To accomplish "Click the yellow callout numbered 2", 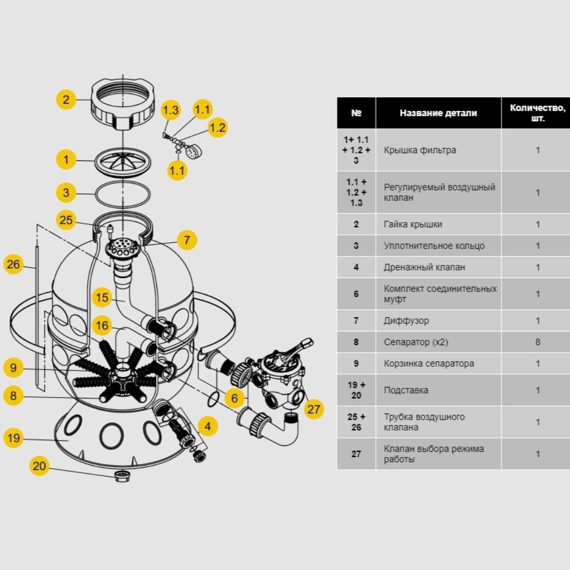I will pos(66,99).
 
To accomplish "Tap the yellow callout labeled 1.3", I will pos(170,110).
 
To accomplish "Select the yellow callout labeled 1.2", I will pos(217,127).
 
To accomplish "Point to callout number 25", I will pos(66,220).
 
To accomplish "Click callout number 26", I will pos(13,264).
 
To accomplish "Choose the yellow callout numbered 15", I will pos(102,298).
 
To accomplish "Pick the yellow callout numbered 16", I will pos(102,326).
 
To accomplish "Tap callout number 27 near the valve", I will pos(314,409).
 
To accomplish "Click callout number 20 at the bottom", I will pos(40,466).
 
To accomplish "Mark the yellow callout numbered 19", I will pos(13,438).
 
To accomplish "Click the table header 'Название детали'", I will pos(438,113).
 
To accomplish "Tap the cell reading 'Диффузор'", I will pos(406,321).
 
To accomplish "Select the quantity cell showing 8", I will pos(537,342).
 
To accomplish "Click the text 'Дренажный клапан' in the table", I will pos(424,268).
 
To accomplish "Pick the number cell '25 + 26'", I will pos(356,422).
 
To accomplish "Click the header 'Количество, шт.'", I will pos(537,113).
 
